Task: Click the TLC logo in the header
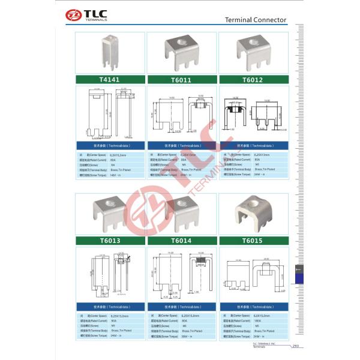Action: coord(88,14)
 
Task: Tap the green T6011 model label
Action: coord(181,79)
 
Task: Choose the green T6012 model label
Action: coord(253,79)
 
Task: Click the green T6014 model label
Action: coord(181,241)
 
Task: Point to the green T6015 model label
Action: coord(253,241)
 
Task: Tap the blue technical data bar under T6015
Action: coord(253,307)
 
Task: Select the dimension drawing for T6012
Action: coord(253,114)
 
